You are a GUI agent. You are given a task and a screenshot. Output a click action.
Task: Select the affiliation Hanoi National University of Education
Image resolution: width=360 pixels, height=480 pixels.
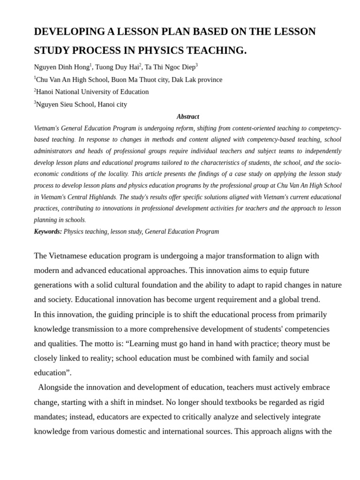[92, 92]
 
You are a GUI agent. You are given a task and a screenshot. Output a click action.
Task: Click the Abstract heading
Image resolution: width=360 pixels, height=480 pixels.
[187, 116]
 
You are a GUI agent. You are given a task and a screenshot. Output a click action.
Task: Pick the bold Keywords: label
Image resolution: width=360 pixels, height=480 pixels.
[48, 232]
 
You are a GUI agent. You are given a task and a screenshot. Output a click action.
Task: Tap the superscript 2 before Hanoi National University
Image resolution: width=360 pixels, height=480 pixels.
[35, 90]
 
